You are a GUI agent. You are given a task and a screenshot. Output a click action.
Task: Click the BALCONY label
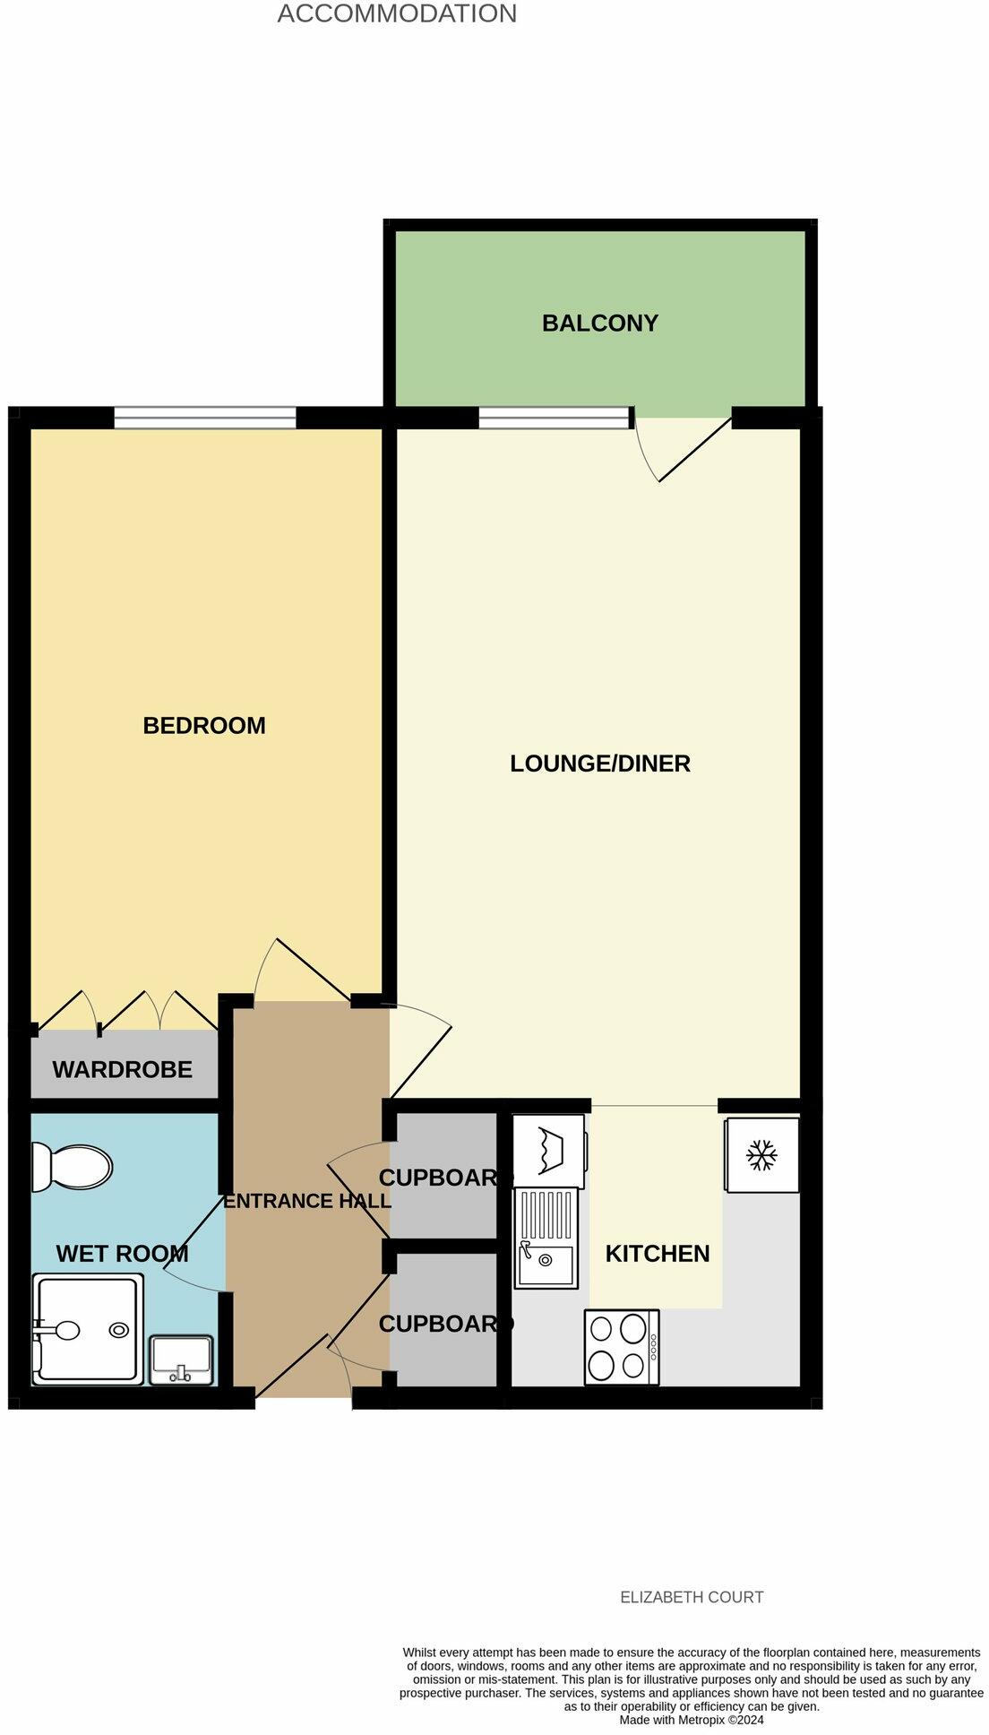click(599, 323)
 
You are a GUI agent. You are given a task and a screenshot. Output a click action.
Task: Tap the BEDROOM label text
click(204, 725)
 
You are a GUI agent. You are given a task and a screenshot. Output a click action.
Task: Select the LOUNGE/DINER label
click(599, 764)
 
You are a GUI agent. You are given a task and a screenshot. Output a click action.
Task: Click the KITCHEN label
click(657, 1253)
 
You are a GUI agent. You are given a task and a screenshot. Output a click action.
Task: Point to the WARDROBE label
click(122, 1069)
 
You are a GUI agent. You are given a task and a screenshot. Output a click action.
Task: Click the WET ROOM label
click(122, 1253)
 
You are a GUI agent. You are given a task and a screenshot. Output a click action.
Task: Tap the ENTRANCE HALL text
click(306, 1201)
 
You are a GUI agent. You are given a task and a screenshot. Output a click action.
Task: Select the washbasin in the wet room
click(181, 1359)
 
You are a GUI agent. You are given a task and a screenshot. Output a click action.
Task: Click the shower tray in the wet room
click(88, 1330)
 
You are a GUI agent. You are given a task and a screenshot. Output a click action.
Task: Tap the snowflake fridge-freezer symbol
click(761, 1154)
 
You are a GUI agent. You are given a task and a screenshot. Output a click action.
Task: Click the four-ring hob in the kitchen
click(622, 1347)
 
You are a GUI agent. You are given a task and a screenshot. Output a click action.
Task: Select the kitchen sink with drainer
click(546, 1239)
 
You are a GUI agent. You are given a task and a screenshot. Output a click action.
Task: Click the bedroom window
click(205, 418)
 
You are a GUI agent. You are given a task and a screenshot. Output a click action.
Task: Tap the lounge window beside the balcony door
click(555, 418)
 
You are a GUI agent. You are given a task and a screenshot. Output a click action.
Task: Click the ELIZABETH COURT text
click(692, 1596)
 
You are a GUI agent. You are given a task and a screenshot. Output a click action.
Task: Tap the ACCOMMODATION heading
click(397, 14)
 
